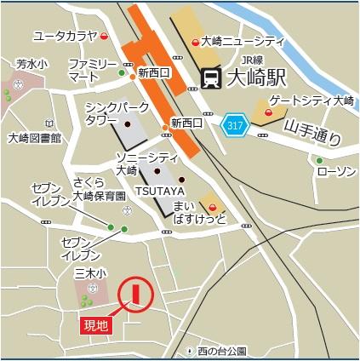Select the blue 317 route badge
click(234, 126)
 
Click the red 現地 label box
click(94, 324)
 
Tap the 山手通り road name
click(313, 133)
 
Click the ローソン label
click(334, 172)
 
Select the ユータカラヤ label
click(64, 36)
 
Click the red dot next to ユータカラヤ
click(105, 37)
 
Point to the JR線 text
click(252, 60)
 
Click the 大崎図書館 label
click(34, 137)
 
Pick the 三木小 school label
click(89, 273)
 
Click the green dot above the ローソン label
click(319, 159)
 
